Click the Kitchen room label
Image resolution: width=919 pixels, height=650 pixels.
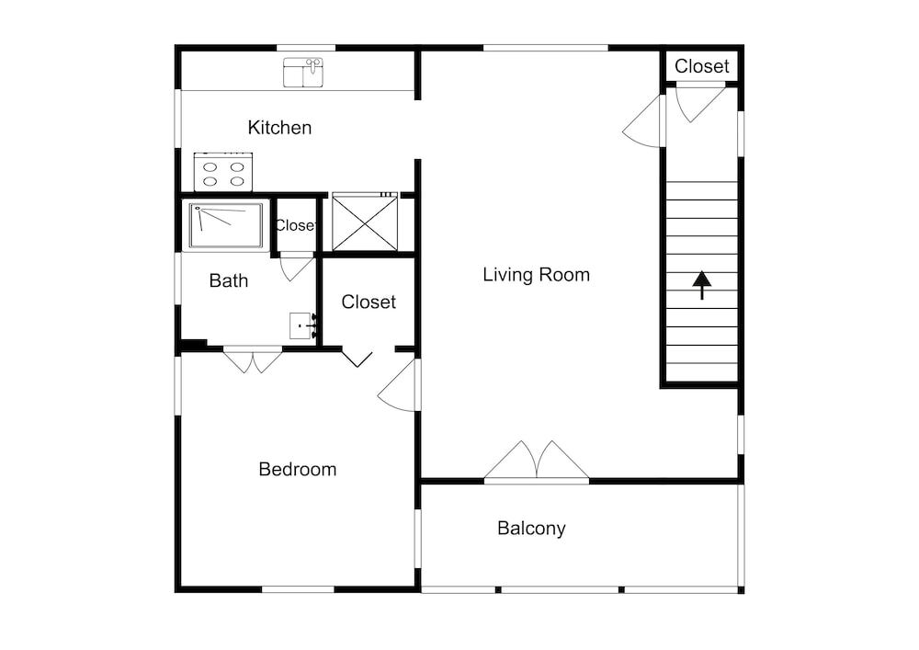pos(279,127)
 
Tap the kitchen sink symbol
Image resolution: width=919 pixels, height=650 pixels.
pos(303,72)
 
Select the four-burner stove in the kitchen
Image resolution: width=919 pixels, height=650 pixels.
pos(223,172)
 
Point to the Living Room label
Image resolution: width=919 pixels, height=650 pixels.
pos(537,274)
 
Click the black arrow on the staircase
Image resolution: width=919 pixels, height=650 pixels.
pos(701,285)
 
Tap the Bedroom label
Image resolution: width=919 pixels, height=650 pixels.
pos(298,469)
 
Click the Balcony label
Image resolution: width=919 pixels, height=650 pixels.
pos(531,528)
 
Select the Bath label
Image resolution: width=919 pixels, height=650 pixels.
pos(229,280)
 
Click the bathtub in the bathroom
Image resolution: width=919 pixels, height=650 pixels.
pos(226,225)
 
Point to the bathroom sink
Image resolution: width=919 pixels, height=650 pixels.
pos(303,325)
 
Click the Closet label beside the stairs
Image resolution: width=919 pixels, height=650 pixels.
pos(701,66)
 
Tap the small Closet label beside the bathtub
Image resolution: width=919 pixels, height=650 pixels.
pos(295,225)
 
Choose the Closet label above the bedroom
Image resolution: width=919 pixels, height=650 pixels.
pos(369,302)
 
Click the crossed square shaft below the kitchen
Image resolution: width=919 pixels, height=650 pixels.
pos(365,223)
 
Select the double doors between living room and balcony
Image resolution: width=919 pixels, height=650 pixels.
pos(537,461)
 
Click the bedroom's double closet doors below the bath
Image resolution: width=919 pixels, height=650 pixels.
pos(253,360)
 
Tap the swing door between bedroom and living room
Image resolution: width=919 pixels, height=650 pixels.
pos(397,385)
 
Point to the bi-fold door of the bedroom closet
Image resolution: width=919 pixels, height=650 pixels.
pos(357,359)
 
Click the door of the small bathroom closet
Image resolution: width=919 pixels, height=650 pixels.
pos(297,268)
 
